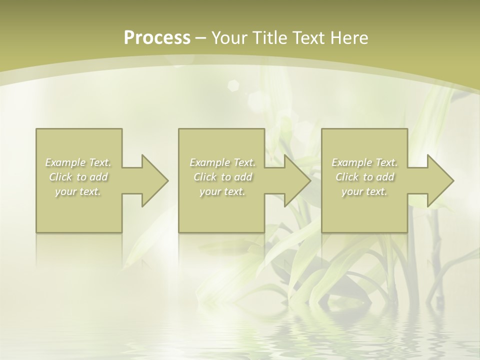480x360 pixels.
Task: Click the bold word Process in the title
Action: (x=157, y=38)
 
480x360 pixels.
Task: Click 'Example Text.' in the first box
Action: (x=78, y=162)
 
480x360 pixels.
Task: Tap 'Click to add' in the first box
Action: (x=78, y=177)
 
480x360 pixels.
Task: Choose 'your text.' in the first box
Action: (x=78, y=191)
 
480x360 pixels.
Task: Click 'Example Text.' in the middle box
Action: (x=222, y=162)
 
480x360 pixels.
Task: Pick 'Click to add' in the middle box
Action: (x=222, y=177)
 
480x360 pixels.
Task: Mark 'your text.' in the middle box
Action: (x=222, y=191)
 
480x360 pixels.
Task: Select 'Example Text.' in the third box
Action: (x=364, y=162)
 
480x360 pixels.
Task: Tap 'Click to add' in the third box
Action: (x=364, y=177)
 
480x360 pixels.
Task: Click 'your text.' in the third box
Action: (x=364, y=191)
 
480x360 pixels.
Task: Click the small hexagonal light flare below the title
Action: (x=233, y=85)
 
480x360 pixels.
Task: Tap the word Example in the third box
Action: (x=352, y=162)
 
